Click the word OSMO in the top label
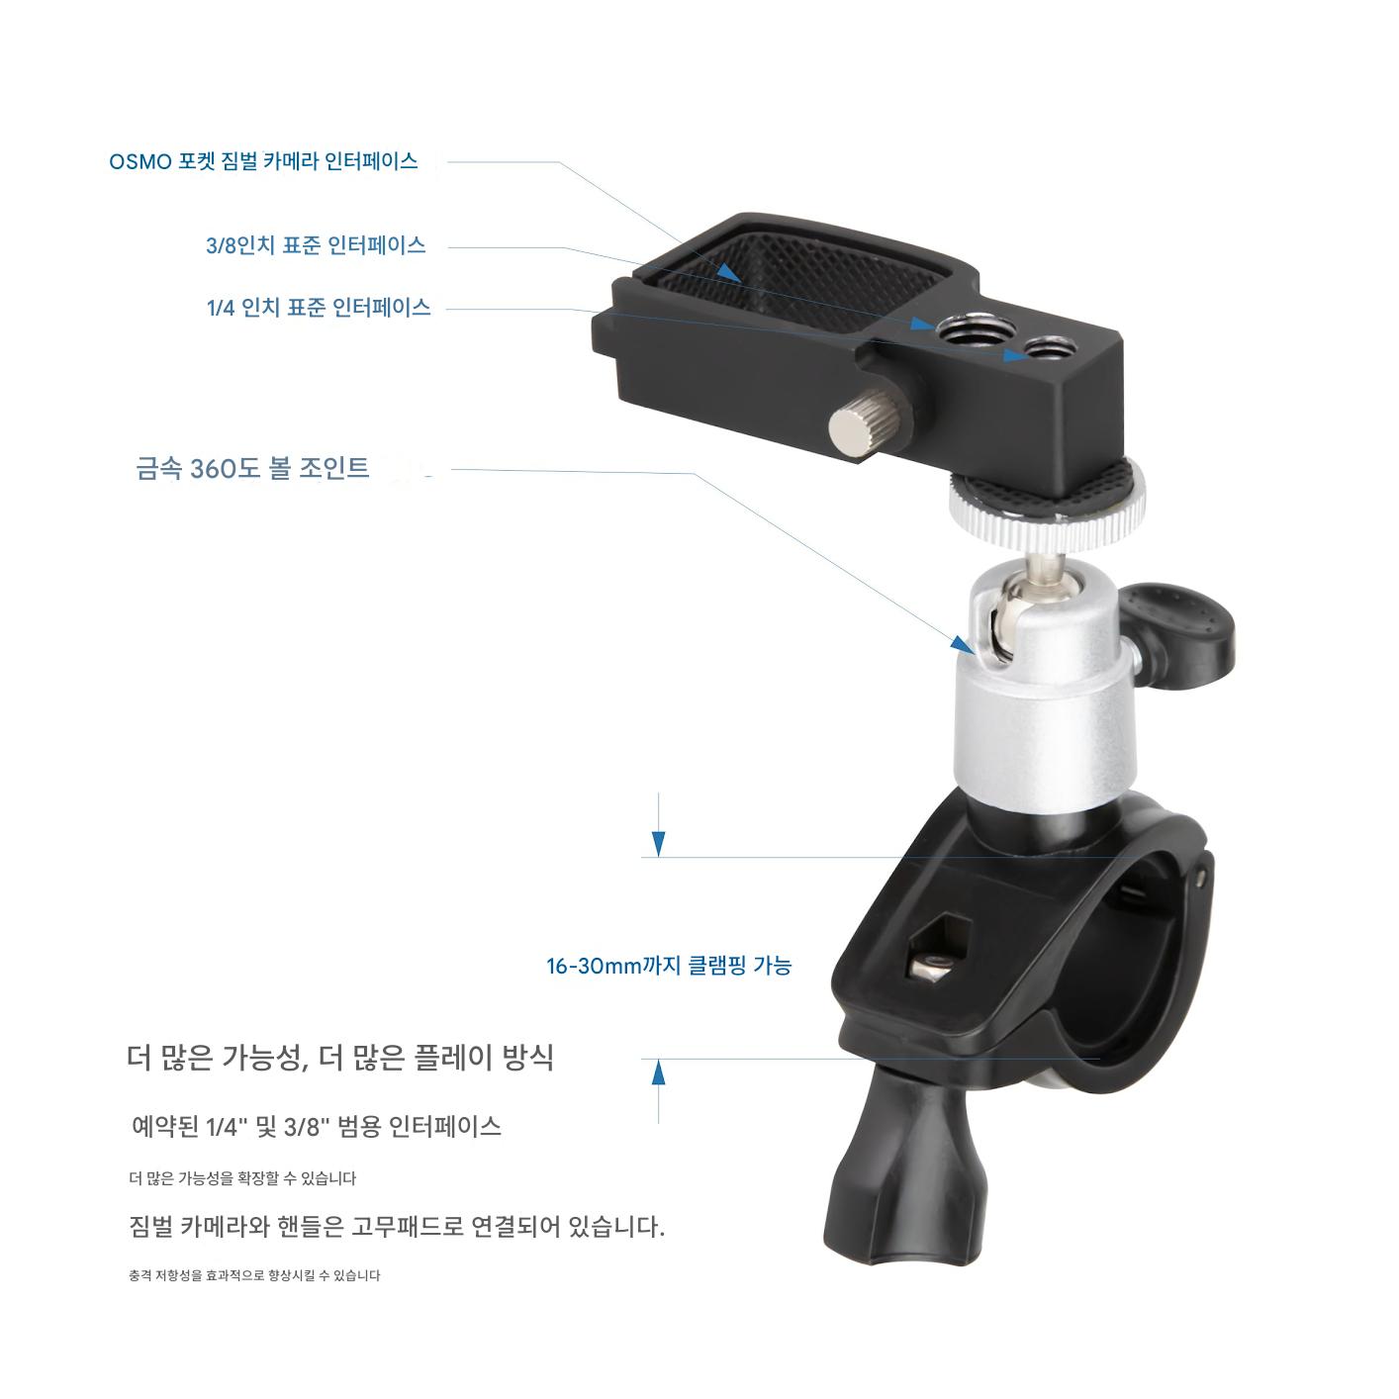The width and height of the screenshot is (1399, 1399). pos(140,161)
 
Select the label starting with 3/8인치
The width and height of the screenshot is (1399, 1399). pos(316,245)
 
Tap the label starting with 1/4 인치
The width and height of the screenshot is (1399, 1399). pos(319,308)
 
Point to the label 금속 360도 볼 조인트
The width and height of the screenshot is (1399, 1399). pos(252,468)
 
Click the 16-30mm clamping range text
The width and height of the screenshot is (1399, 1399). pos(669,966)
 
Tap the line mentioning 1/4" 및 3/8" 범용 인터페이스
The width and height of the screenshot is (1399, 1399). pos(317,1126)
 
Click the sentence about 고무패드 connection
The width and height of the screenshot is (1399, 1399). pos(397,1226)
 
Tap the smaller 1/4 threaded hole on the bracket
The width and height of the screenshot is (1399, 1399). pos(1046,348)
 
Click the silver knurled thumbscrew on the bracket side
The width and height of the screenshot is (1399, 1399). pos(870,424)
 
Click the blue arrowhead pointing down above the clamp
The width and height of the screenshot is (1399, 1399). pos(658,844)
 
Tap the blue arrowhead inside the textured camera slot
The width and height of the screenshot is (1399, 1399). pos(728,272)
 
